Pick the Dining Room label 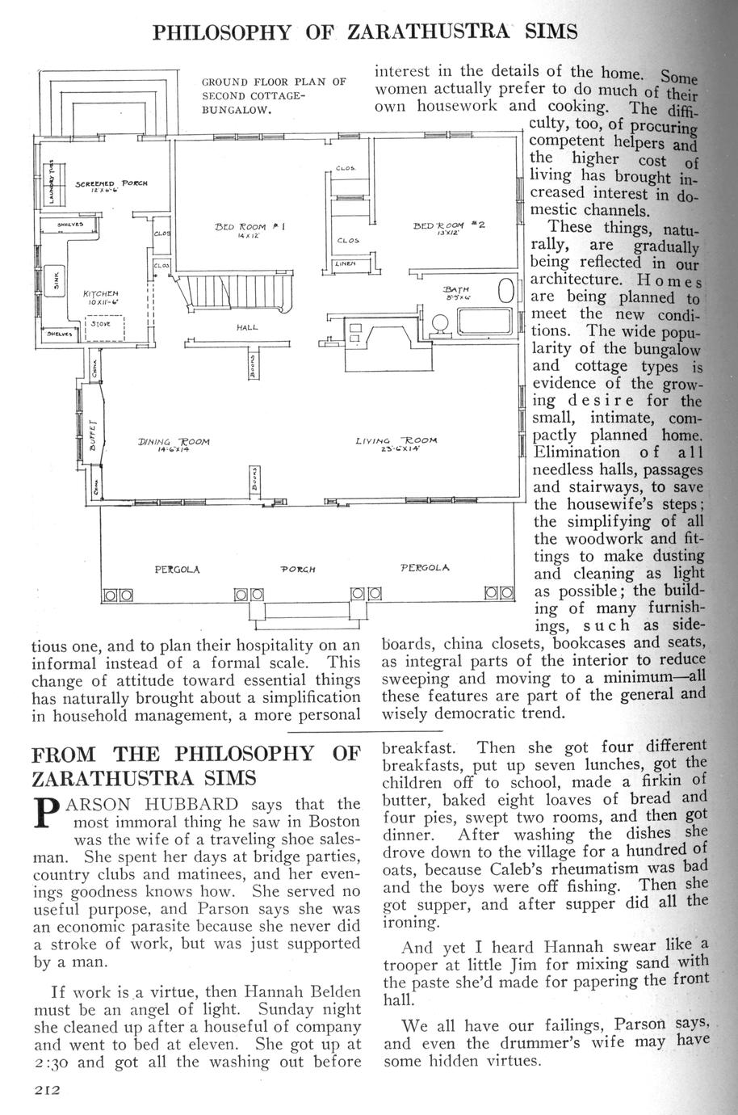(x=174, y=442)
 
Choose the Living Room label (x=396, y=441)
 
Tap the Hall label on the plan (x=247, y=328)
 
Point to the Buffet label (x=92, y=436)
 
